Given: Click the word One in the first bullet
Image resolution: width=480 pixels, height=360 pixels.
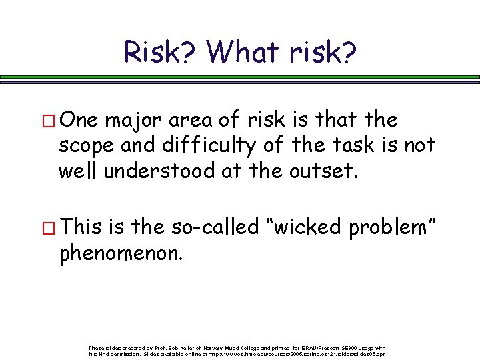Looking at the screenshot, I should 77,120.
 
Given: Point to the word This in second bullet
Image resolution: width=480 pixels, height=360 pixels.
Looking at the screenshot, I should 79,227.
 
